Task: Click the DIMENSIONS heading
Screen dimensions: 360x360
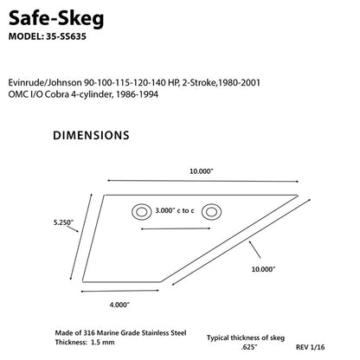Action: (92, 136)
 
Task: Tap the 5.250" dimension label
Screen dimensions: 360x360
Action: (64, 222)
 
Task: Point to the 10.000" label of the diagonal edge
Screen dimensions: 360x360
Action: (262, 268)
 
